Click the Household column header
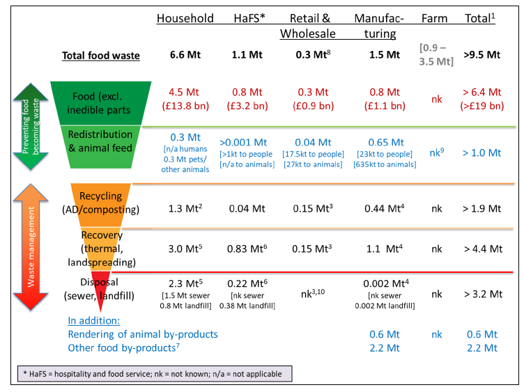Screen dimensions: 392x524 [x=185, y=18]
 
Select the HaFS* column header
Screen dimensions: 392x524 [x=248, y=18]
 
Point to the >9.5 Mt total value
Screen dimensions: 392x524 [x=481, y=56]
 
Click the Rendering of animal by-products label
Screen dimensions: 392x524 [x=143, y=334]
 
